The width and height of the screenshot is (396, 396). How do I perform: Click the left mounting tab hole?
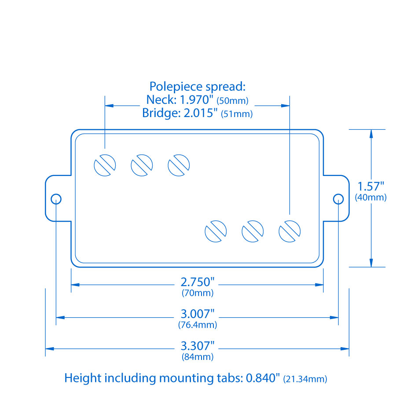pos(56,198)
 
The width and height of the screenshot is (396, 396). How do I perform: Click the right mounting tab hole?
pos(338,198)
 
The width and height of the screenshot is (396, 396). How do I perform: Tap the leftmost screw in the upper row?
pos(105,165)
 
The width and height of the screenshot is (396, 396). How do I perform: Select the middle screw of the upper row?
pos(142,165)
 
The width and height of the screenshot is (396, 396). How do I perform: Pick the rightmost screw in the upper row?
pos(179,165)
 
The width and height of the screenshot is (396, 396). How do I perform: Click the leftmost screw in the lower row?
pos(216,231)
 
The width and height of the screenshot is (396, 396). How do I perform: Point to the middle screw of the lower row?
pos(253,231)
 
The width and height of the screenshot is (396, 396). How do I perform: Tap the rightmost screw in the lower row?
pos(290,231)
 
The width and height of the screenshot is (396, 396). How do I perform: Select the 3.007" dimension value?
pos(198,315)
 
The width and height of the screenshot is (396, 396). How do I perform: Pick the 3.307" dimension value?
pos(198,346)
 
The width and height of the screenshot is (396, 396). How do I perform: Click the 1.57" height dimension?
pos(370,186)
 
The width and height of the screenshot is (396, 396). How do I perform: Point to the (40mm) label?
pos(370,198)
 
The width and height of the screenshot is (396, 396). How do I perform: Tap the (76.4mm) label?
pos(198,325)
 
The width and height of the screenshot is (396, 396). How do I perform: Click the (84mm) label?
pos(198,357)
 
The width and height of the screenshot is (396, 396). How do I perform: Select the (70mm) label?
pos(198,293)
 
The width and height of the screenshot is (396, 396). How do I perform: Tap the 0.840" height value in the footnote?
pos(263,378)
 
